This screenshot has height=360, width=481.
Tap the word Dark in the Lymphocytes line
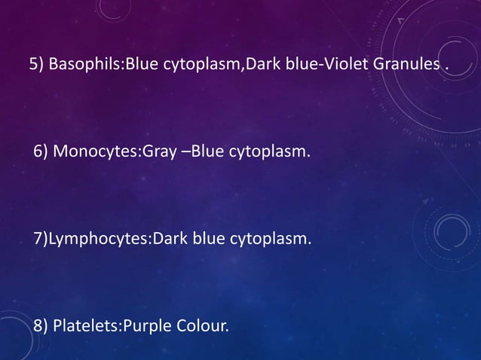[170, 239]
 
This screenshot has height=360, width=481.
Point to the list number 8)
[41, 327]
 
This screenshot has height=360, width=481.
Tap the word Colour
[201, 327]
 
